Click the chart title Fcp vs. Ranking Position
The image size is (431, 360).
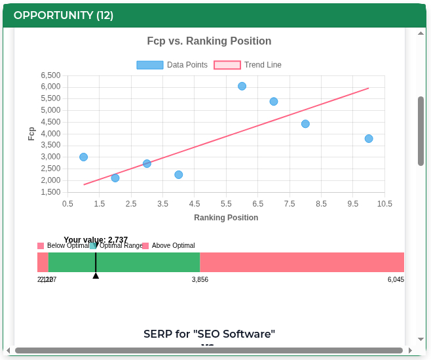(x=209, y=41)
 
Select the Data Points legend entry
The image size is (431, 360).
(x=172, y=65)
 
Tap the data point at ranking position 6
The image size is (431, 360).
(x=242, y=86)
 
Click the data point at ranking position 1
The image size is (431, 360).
(x=83, y=157)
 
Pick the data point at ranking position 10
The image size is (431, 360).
(x=369, y=138)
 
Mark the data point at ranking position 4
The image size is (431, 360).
(x=179, y=174)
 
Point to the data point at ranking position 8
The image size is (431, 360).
(x=305, y=124)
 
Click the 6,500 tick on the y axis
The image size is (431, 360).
(x=50, y=75)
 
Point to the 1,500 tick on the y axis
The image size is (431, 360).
(x=50, y=192)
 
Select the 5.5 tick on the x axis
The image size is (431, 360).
(x=226, y=204)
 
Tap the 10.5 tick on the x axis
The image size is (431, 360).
(x=384, y=204)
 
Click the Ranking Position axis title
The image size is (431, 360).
(x=226, y=218)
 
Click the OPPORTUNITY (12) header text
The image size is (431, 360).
(x=64, y=15)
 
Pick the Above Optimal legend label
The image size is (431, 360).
(x=173, y=246)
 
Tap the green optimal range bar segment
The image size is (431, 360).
(x=144, y=262)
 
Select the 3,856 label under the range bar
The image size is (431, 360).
(x=200, y=280)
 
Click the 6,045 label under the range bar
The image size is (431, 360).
(x=396, y=280)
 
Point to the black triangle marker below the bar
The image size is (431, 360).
(x=96, y=275)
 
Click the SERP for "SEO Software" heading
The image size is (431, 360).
(x=209, y=334)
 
